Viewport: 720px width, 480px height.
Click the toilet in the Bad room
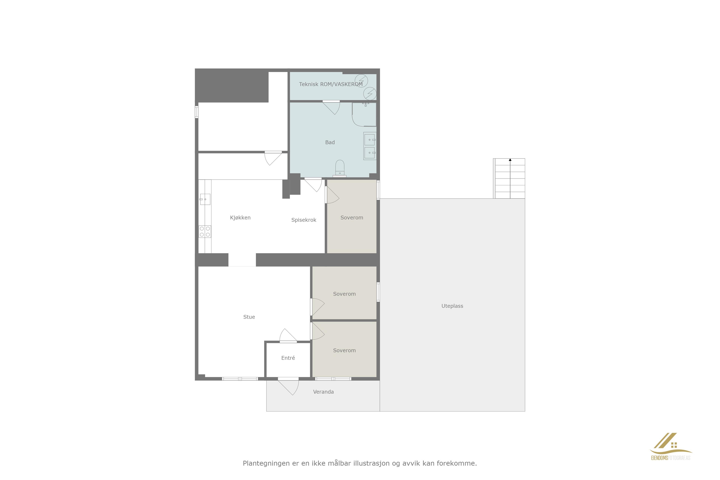[x=340, y=169]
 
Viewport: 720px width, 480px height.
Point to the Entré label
[x=288, y=358]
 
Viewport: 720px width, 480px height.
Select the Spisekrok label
[x=304, y=220]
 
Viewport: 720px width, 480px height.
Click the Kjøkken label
[x=240, y=218]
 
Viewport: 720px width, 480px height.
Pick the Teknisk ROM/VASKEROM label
[x=331, y=84]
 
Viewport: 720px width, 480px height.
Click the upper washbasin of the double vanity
[x=370, y=139]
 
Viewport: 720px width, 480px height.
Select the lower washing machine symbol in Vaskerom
[x=370, y=93]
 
